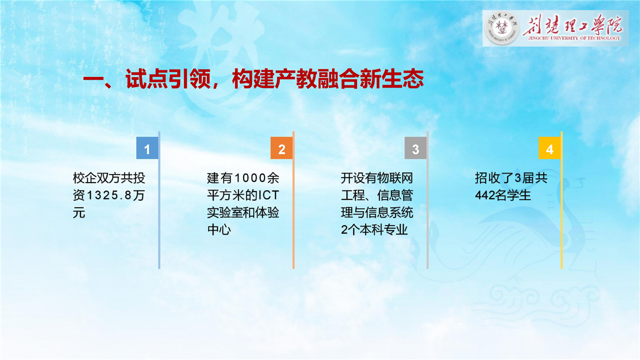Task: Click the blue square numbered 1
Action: [x=147, y=147]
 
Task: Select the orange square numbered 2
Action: [x=281, y=147]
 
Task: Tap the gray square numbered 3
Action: [x=415, y=147]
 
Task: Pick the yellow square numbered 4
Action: [x=549, y=147]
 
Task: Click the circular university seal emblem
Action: [x=502, y=28]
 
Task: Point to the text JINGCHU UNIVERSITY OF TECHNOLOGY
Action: [x=574, y=38]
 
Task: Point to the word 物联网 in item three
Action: [x=395, y=178]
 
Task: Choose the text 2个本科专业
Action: [x=374, y=229]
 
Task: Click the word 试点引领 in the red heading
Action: [x=168, y=79]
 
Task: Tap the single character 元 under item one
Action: [x=79, y=213]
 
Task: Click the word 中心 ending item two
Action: [x=219, y=229]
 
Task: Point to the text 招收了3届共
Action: [x=511, y=178]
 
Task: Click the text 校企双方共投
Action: [x=109, y=178]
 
